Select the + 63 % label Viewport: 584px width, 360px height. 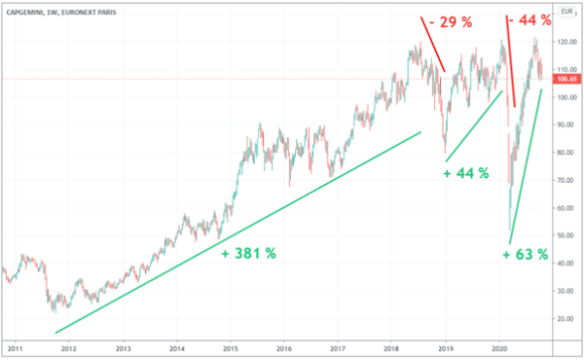(x=527, y=255)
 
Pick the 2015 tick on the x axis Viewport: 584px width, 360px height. (x=231, y=347)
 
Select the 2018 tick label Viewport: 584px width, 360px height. (x=391, y=347)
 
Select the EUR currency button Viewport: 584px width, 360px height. (x=566, y=15)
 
